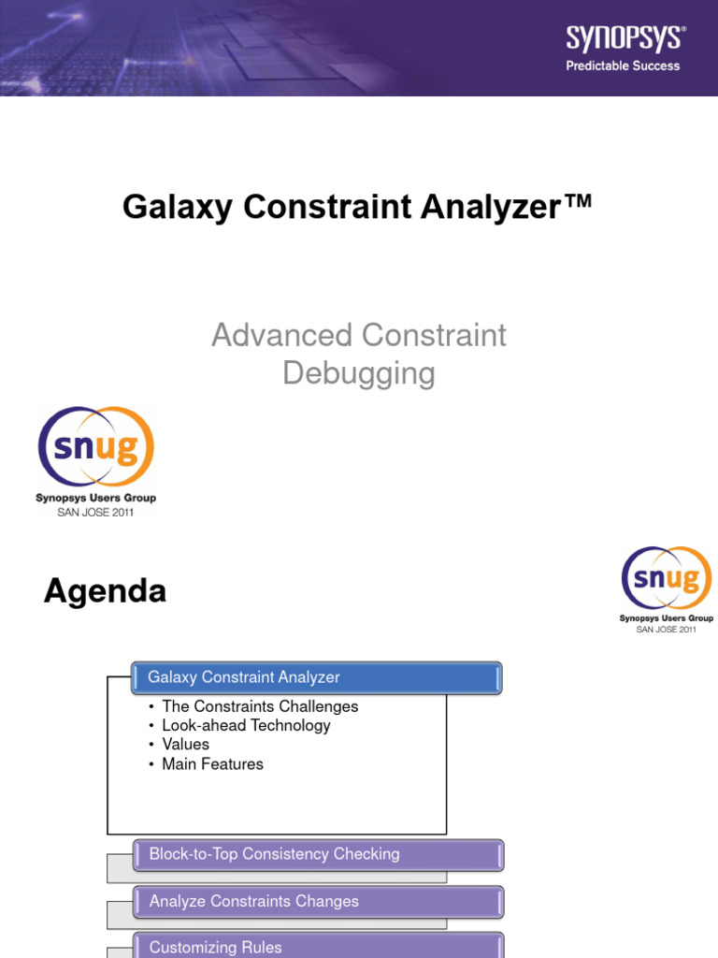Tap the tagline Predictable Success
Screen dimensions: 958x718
point(623,65)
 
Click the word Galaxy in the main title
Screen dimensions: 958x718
point(179,207)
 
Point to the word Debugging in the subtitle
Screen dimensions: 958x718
point(359,373)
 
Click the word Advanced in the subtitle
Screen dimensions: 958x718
point(281,335)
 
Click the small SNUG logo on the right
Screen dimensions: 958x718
point(666,578)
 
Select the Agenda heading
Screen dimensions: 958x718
point(106,591)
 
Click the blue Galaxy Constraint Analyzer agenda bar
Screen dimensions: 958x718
point(318,677)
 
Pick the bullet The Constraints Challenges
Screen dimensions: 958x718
point(260,706)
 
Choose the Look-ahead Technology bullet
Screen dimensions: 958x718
point(246,725)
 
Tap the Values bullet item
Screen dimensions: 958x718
point(185,745)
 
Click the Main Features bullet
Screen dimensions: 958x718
point(212,764)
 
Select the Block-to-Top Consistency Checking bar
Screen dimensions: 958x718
point(318,854)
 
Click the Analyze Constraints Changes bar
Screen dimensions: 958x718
point(318,902)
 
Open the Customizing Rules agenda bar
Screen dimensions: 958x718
point(318,947)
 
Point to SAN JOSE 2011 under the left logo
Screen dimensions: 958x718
point(95,513)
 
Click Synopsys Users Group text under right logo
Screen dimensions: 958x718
point(666,618)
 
